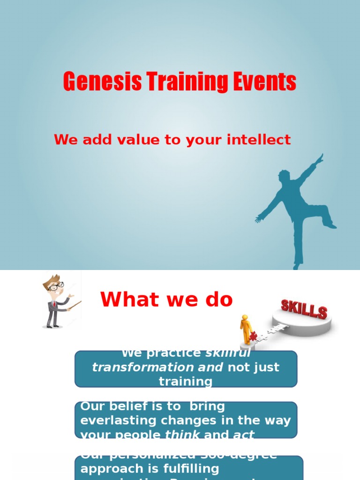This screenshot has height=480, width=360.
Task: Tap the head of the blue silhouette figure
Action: [x=284, y=176]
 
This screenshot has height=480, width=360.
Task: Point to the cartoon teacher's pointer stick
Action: [x=75, y=305]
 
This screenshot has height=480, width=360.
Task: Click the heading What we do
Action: [x=166, y=300]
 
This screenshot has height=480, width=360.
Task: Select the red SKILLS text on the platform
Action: [x=304, y=309]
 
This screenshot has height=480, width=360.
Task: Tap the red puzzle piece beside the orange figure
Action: [x=254, y=336]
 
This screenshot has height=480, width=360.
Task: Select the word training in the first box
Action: [x=186, y=382]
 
